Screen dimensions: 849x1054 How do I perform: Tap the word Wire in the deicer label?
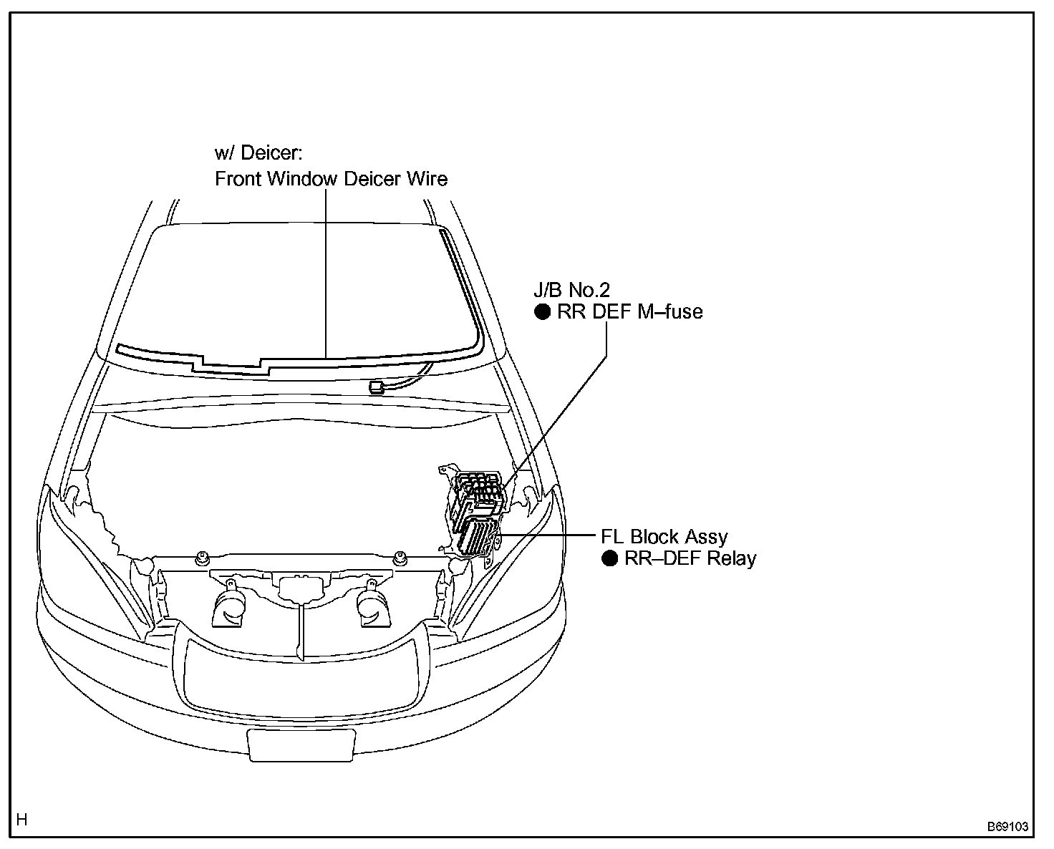427,178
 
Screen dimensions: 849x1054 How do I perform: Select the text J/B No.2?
571,290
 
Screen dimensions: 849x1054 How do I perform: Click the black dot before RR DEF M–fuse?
543,311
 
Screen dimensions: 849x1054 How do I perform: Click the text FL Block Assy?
664,537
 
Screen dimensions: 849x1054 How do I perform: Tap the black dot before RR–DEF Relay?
609,558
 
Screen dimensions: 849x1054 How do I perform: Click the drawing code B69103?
1007,826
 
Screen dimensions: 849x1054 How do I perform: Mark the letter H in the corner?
22,820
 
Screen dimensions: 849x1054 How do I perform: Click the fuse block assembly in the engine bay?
474,512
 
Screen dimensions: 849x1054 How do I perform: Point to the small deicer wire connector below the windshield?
377,388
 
